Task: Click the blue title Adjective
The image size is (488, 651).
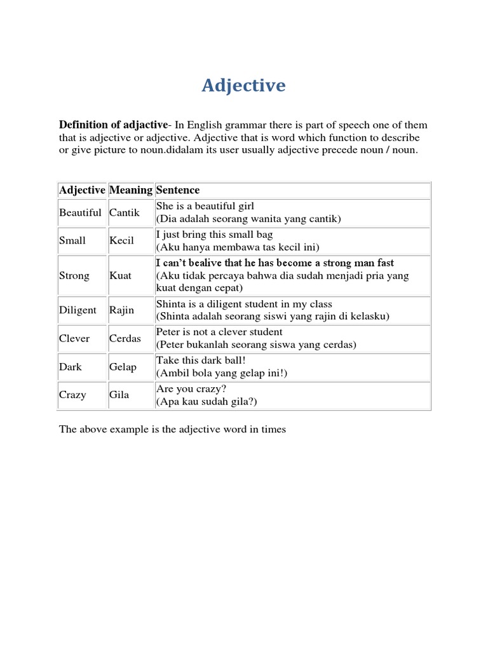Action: coord(243,85)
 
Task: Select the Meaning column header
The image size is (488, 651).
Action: coord(130,190)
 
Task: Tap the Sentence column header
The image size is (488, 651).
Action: coord(178,190)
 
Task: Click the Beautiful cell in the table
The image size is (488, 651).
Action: coord(80,212)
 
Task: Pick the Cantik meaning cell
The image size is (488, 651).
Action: coord(125,212)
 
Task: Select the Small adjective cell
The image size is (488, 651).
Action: coord(72,241)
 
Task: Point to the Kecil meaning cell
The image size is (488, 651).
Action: coord(122,241)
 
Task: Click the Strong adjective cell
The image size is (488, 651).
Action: coord(74,276)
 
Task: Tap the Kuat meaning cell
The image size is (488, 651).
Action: coord(121,276)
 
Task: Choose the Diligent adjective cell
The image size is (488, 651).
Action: coord(78,310)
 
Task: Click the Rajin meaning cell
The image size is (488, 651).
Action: coord(122,310)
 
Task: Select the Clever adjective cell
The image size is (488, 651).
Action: coord(74,338)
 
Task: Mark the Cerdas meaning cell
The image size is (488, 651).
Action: coord(125,338)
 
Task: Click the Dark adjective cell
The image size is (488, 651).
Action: coord(71,367)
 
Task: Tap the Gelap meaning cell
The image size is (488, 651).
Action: coord(123,367)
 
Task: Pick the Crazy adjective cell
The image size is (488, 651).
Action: coord(72,395)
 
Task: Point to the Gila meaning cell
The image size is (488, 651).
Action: coord(119,395)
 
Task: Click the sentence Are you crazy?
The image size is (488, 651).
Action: coord(192,388)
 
